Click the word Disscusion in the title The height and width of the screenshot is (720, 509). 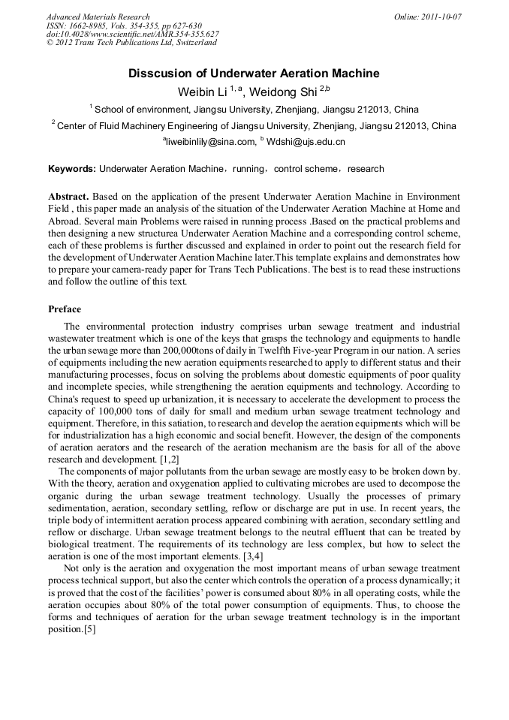coord(161,74)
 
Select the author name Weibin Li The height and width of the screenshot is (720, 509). coord(202,92)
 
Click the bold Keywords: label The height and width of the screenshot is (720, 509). coord(71,169)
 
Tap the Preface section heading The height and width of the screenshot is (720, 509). coord(65,309)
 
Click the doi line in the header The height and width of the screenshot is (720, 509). coord(133,34)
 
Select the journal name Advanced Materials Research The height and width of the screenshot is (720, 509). coord(98,17)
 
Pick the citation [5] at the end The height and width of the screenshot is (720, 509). coord(89,628)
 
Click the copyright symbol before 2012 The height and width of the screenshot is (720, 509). coord(50,43)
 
